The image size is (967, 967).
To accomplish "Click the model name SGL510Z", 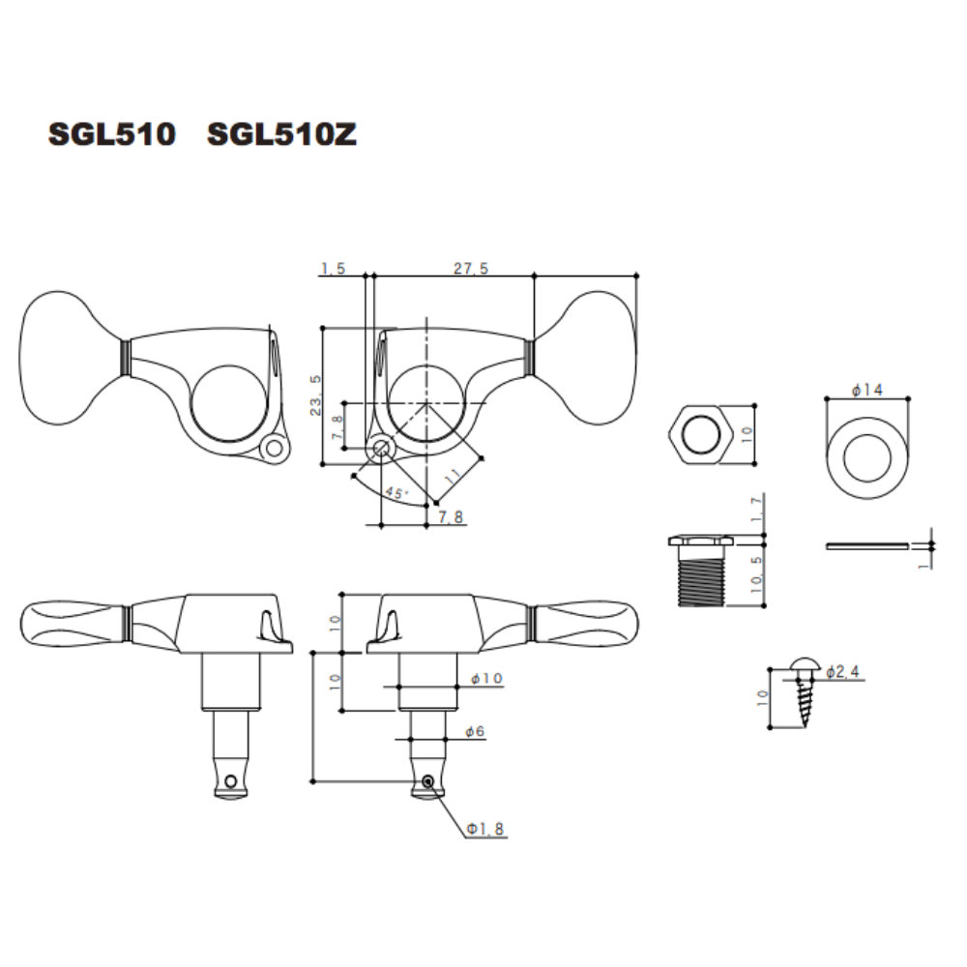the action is click(281, 133).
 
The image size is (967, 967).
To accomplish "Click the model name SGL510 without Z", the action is click(112, 133).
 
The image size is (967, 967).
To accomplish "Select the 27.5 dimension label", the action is click(471, 268).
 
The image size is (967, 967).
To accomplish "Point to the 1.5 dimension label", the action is click(333, 268).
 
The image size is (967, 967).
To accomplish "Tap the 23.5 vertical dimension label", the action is click(316, 395).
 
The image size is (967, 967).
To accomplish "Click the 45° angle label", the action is click(396, 492).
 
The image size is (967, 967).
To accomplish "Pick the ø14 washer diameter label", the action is click(866, 390).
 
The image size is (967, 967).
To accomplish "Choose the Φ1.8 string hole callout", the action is click(485, 829).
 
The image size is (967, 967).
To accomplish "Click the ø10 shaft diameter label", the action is click(486, 679).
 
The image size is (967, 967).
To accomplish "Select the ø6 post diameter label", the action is click(475, 731).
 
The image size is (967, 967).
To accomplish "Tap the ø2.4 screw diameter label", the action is click(842, 672).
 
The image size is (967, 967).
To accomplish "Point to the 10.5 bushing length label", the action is click(757, 574).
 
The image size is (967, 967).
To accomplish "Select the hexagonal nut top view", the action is click(700, 435).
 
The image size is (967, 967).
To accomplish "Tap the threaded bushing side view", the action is click(700, 571).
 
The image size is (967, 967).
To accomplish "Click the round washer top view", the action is click(866, 458).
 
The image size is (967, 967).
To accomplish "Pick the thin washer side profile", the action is click(866, 545).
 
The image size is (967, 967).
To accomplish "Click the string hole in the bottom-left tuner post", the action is click(231, 782).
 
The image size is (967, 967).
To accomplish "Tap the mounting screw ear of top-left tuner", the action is click(274, 449).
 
